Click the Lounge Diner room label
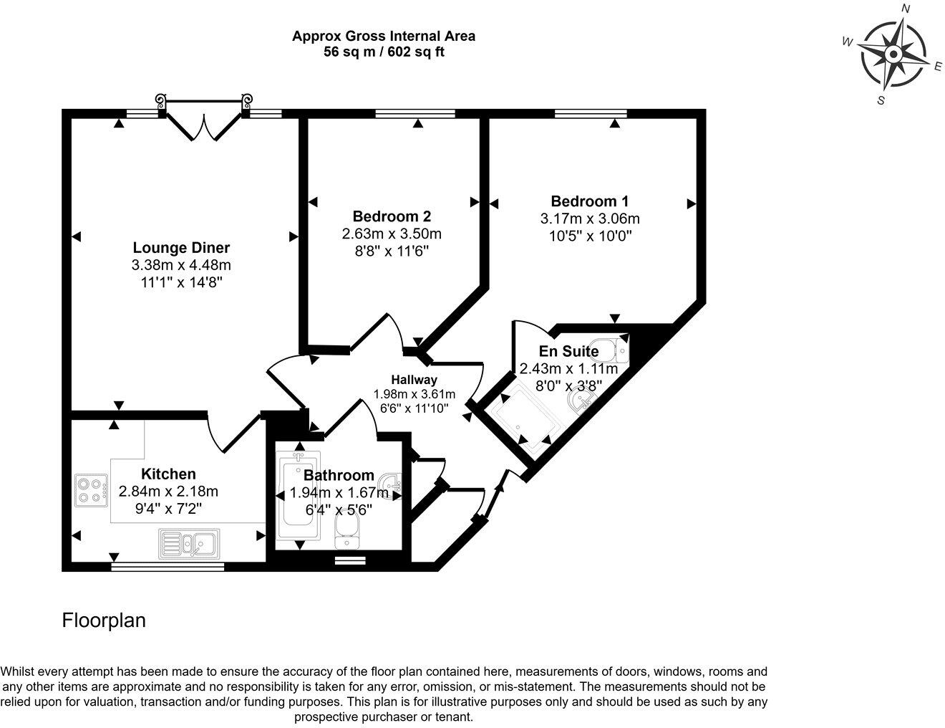tap(181, 248)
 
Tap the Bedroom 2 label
tap(392, 216)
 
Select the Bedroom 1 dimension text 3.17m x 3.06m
tap(590, 219)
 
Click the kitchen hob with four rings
tap(91, 489)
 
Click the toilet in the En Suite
tap(613, 350)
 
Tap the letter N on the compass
tap(905, 9)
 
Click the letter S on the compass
tap(881, 101)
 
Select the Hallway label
tap(414, 380)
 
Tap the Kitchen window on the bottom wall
tap(168, 566)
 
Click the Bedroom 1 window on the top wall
tap(591, 113)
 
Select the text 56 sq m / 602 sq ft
tap(384, 52)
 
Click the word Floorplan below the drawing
tap(104, 620)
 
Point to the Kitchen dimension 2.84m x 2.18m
tap(168, 492)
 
